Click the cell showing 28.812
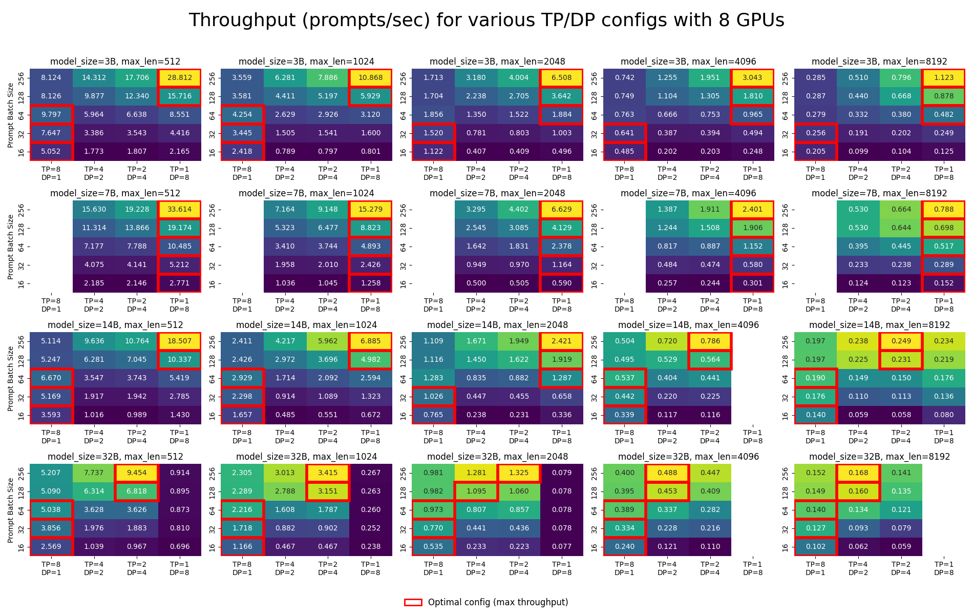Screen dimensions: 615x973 tap(179, 78)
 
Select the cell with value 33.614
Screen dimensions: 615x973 tap(179, 210)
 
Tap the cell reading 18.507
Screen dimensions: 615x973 tap(179, 341)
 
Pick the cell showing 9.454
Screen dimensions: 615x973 tap(137, 473)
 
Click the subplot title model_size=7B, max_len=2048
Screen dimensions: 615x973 tap(497, 193)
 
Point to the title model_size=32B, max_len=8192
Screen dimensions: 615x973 tap(879, 457)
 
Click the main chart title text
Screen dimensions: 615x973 tap(486, 20)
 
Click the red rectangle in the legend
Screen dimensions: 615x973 tap(413, 602)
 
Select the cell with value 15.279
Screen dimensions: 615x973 tap(370, 210)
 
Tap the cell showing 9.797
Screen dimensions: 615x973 tap(51, 115)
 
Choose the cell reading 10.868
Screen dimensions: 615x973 tap(370, 78)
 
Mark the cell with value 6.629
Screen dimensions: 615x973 tap(562, 210)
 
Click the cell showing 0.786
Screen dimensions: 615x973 tap(710, 341)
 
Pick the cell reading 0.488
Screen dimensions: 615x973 tap(667, 473)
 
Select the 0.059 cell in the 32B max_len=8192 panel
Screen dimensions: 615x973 tap(901, 547)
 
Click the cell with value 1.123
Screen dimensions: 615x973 tap(944, 78)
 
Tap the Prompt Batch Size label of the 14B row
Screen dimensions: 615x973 tap(11, 378)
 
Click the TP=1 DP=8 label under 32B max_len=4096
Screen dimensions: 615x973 tap(752, 568)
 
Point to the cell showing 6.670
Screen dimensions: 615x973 tap(51, 378)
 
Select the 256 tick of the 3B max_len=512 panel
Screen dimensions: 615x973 tap(22, 78)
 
